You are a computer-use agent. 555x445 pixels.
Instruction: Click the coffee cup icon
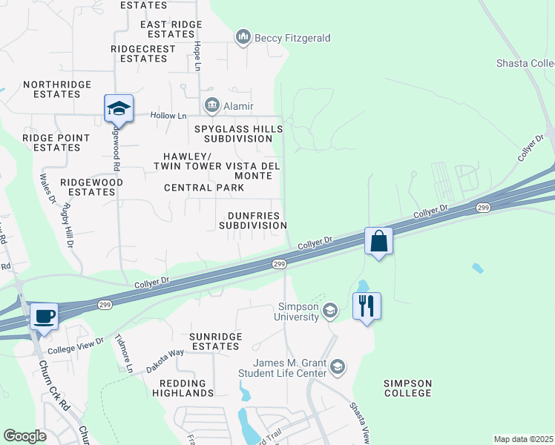click(45, 317)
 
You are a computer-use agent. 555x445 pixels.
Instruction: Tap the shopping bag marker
click(378, 242)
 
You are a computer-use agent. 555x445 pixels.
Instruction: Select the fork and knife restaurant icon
click(366, 306)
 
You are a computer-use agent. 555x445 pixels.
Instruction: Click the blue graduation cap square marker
click(119, 109)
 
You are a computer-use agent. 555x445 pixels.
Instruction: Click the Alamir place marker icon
click(213, 106)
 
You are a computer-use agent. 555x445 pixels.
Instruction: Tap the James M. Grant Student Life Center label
click(290, 368)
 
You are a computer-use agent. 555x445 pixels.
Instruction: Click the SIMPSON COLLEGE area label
click(407, 388)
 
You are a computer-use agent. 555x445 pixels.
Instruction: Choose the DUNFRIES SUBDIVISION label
click(252, 220)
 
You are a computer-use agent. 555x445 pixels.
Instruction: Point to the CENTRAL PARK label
click(204, 188)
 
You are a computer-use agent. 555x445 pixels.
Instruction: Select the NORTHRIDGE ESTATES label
click(51, 90)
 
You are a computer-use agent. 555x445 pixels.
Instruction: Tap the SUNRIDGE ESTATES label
click(215, 341)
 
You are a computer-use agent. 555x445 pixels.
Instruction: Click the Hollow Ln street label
click(168, 116)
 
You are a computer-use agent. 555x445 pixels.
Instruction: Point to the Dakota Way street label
click(165, 355)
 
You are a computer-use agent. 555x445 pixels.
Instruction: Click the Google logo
click(24, 436)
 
